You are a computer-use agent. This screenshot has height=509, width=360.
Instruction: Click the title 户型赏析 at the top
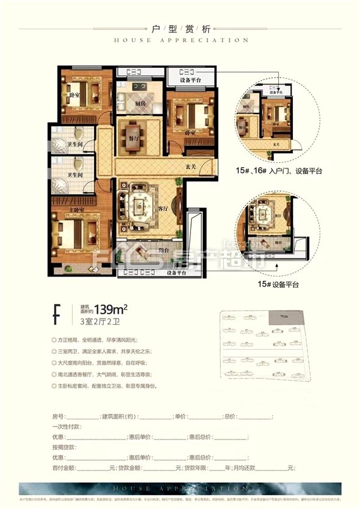point(180,29)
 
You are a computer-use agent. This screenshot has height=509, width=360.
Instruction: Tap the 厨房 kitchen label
point(141,104)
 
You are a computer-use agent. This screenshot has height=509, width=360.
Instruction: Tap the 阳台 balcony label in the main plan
point(156,250)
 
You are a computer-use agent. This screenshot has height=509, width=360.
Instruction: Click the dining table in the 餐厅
point(132,130)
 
